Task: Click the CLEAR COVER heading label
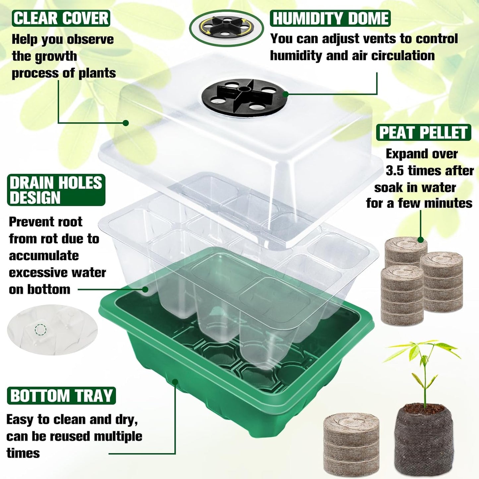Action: tap(61, 18)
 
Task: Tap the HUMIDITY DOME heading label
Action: tap(330, 18)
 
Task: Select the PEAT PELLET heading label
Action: tap(423, 133)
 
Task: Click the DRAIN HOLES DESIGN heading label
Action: tap(56, 190)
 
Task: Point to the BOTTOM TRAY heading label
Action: tap(61, 396)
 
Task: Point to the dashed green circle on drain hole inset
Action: tap(40, 329)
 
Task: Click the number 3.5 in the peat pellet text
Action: tap(395, 171)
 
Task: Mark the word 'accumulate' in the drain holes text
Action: tap(44, 256)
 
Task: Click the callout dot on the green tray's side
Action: tap(175, 382)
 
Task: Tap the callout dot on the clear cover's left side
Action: tap(126, 123)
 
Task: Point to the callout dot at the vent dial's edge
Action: tap(285, 94)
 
